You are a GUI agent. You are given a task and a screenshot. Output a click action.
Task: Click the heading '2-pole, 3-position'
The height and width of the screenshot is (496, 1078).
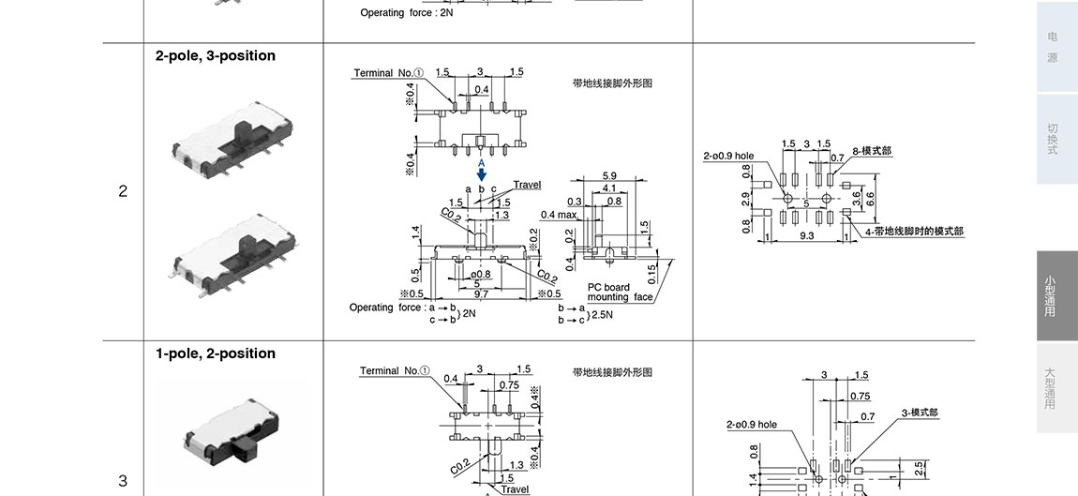pos(216,56)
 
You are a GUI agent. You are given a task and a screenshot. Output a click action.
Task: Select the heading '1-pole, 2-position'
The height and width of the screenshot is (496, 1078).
pos(216,353)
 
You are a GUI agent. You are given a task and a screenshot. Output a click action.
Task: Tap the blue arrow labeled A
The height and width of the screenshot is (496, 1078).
pos(482,173)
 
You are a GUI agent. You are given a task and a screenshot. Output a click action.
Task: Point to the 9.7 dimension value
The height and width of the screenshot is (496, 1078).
pos(480,294)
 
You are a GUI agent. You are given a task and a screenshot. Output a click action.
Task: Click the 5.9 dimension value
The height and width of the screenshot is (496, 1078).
pos(609,176)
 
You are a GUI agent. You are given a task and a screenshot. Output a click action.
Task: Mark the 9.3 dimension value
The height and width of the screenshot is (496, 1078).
pos(807,236)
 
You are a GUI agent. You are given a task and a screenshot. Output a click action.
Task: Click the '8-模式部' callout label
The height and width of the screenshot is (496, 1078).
pos(872,151)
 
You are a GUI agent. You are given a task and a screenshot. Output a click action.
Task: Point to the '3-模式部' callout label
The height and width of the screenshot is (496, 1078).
pos(919,413)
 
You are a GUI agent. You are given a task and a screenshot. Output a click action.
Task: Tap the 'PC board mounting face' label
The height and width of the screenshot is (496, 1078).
pos(620,293)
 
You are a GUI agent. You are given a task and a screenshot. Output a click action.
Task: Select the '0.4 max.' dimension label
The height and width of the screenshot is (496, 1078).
pos(559,215)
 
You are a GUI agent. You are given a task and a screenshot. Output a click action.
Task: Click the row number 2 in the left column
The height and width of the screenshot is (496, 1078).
pos(123,191)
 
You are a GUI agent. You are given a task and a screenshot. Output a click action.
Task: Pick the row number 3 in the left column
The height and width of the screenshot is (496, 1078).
pos(123,481)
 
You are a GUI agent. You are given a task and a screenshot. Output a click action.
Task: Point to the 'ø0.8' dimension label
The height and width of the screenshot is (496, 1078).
pos(481,274)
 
